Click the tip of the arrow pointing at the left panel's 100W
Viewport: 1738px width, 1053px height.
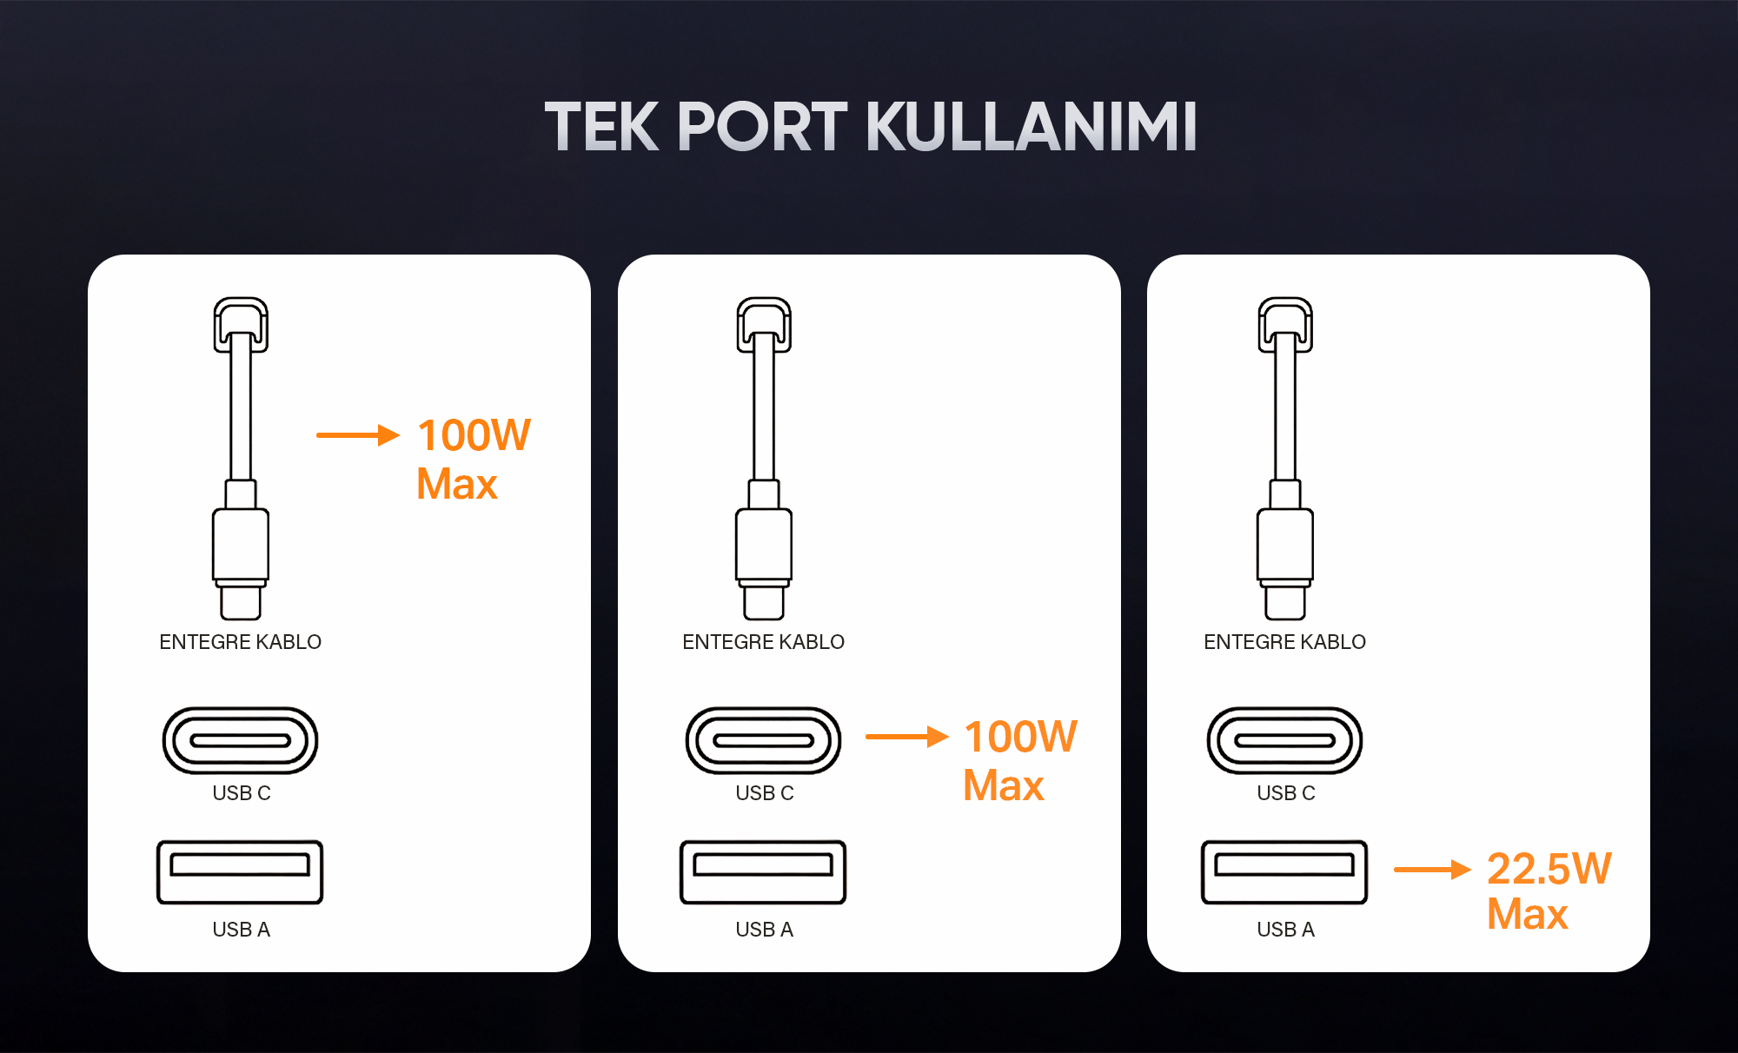pyautogui.click(x=400, y=434)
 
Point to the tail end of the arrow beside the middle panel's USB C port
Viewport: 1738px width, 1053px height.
pyautogui.click(x=866, y=737)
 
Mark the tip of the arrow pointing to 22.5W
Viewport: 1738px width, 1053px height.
pyautogui.click(x=1470, y=869)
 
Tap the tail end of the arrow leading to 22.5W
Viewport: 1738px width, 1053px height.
pyautogui.click(x=1395, y=869)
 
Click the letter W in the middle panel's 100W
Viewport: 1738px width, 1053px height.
pyautogui.click(x=1053, y=737)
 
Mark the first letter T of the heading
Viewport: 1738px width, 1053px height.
pyautogui.click(x=566, y=127)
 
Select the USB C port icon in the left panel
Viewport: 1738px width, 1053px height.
pyautogui.click(x=241, y=740)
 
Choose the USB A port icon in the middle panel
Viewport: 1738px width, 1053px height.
pyautogui.click(x=763, y=872)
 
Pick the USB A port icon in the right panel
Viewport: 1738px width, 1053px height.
pyautogui.click(x=1284, y=872)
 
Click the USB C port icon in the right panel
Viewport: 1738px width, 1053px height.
pyautogui.click(x=1284, y=740)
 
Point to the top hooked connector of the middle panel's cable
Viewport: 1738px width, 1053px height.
pyautogui.click(x=764, y=325)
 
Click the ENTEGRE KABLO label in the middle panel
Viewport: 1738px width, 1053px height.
pyautogui.click(x=763, y=642)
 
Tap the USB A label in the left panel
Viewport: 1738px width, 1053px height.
pyautogui.click(x=242, y=930)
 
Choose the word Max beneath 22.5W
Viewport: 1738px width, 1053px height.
pyautogui.click(x=1528, y=914)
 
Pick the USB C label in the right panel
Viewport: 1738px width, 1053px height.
pyautogui.click(x=1286, y=793)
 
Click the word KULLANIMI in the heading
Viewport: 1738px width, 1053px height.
pyautogui.click(x=1032, y=127)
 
